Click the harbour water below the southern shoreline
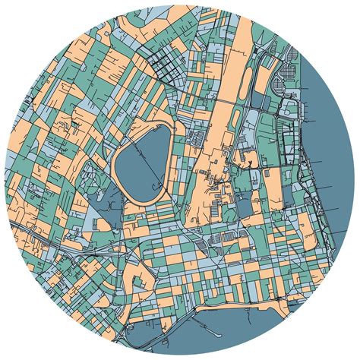coord(251,334)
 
